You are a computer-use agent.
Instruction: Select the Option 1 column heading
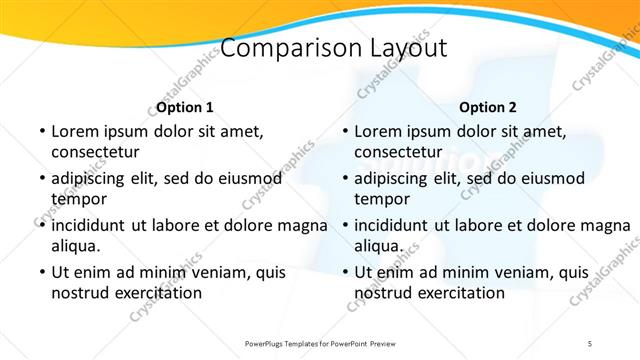pyautogui.click(x=185, y=107)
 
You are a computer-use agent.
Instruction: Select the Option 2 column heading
pyautogui.click(x=488, y=107)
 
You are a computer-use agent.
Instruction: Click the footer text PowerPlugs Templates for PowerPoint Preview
pyautogui.click(x=320, y=343)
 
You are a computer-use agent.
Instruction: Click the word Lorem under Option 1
pyautogui.click(x=74, y=131)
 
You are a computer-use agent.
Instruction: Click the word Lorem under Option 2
pyautogui.click(x=377, y=131)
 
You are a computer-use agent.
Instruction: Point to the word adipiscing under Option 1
pyautogui.click(x=94, y=178)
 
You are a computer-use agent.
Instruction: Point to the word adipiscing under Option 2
pyautogui.click(x=397, y=178)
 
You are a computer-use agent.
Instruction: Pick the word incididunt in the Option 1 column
pyautogui.click(x=95, y=225)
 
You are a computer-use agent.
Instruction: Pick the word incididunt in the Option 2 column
pyautogui.click(x=398, y=225)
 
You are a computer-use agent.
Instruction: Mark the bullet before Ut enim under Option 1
pyautogui.click(x=40, y=272)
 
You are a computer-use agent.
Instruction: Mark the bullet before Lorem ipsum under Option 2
pyautogui.click(x=343, y=131)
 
